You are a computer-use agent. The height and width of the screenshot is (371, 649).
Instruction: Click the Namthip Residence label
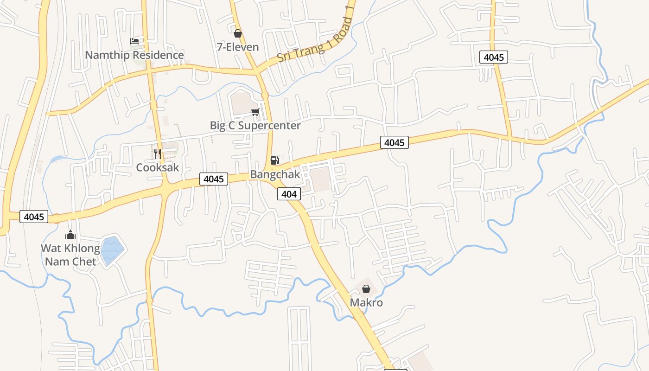click(x=134, y=55)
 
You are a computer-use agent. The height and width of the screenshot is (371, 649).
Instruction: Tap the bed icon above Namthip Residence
click(x=134, y=41)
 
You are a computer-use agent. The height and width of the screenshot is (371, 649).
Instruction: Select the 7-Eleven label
click(x=237, y=47)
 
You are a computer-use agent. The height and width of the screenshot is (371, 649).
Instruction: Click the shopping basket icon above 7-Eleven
click(x=237, y=33)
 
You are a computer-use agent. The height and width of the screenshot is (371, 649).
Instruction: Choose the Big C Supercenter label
click(x=255, y=125)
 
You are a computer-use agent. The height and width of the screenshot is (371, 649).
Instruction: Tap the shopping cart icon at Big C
click(x=255, y=112)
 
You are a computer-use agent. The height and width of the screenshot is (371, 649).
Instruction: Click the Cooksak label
click(x=157, y=167)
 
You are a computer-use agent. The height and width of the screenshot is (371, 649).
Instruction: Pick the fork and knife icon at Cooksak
click(x=157, y=154)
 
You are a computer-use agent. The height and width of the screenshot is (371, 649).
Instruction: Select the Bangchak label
click(x=275, y=174)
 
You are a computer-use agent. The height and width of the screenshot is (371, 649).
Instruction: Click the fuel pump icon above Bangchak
click(x=275, y=160)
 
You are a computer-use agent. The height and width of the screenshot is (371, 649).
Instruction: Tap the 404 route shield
click(x=289, y=194)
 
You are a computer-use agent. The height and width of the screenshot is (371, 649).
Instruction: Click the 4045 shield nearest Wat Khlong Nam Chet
click(x=34, y=217)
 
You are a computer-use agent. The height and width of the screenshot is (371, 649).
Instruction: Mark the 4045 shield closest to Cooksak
click(x=214, y=179)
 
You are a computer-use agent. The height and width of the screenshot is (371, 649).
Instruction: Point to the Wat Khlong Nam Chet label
click(x=70, y=255)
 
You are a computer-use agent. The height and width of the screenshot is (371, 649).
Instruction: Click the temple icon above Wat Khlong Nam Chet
click(x=70, y=235)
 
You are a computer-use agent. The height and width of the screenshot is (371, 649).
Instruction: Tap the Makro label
click(x=366, y=303)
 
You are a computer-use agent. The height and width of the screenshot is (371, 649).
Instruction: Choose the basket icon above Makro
click(x=366, y=289)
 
